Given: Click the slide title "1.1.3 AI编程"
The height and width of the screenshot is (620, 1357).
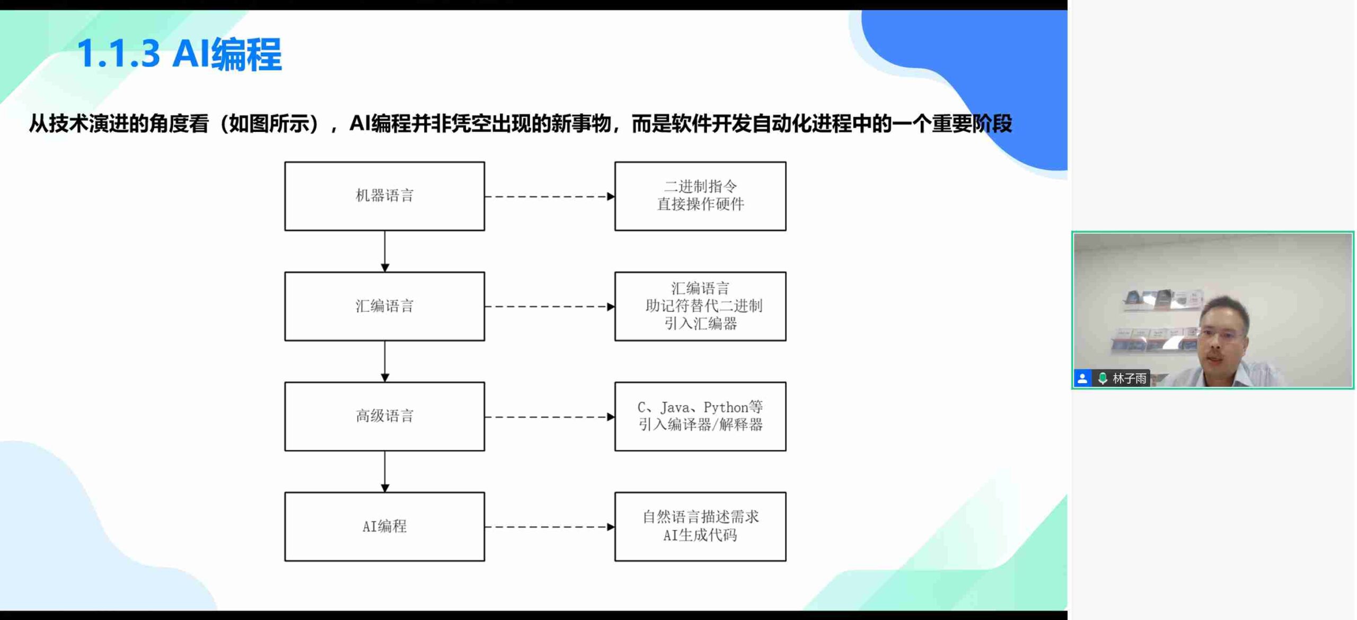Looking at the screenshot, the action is pyautogui.click(x=179, y=54).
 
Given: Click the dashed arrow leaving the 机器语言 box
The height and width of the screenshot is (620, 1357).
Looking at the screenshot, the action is pyautogui.click(x=550, y=197).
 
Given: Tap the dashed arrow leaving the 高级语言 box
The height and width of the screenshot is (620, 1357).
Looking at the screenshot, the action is pyautogui.click(x=550, y=417).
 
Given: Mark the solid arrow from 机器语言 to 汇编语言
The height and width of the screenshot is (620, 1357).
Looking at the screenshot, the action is pyautogui.click(x=385, y=251).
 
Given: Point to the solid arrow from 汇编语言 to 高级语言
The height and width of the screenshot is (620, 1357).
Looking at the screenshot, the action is pyautogui.click(x=385, y=361).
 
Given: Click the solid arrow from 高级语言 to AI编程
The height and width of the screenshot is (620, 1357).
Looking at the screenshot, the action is pyautogui.click(x=385, y=472).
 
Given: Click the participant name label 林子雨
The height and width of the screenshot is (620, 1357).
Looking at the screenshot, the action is pyautogui.click(x=1129, y=378).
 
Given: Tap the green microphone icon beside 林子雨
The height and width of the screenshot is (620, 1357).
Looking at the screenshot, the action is pyautogui.click(x=1103, y=378).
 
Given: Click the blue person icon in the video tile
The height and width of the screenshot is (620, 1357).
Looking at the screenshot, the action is pyautogui.click(x=1082, y=378).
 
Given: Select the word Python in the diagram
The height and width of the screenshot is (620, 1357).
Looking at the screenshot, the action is pyautogui.click(x=726, y=408).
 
